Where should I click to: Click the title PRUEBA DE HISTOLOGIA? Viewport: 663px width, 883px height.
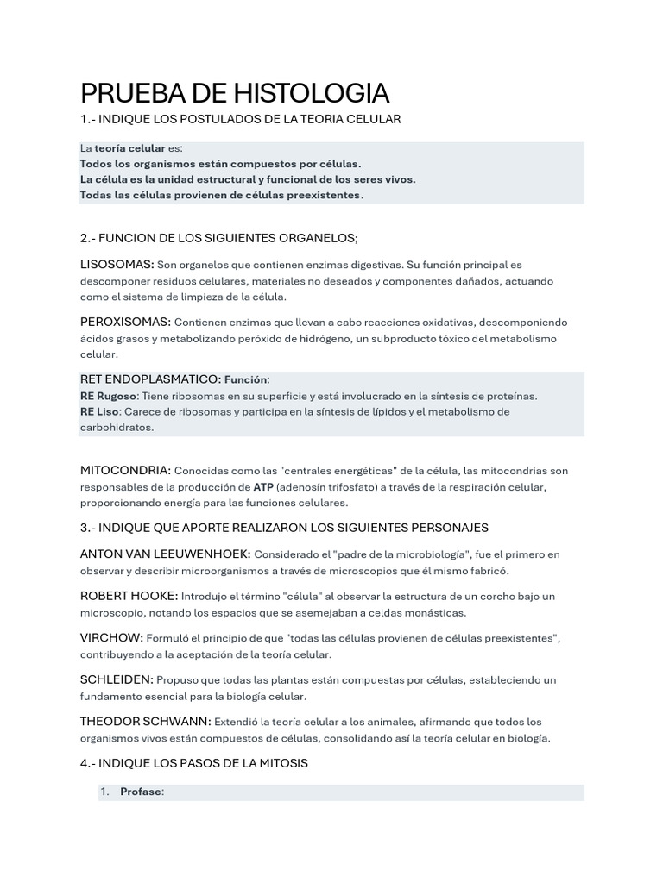tap(235, 93)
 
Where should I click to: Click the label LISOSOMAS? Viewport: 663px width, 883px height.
tap(117, 264)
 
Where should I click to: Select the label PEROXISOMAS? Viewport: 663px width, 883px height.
tap(125, 321)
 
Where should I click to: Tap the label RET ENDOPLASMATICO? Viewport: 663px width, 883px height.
tap(150, 379)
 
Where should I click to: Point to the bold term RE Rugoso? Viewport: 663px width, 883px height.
tap(108, 396)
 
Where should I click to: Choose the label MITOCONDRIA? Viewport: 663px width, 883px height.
tap(125, 470)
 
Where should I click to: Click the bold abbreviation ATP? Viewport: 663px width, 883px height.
tap(264, 486)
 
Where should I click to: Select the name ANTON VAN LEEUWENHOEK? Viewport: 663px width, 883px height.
tap(166, 554)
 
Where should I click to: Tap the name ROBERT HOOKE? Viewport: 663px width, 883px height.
tap(129, 596)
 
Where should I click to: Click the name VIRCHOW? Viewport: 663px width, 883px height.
tap(112, 637)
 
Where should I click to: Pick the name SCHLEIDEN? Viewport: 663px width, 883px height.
tap(117, 679)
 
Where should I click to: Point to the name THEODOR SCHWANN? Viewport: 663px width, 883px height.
tap(145, 721)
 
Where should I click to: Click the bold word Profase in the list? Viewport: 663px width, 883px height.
tap(142, 792)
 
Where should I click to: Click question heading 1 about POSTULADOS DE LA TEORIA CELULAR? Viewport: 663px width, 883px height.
tap(241, 118)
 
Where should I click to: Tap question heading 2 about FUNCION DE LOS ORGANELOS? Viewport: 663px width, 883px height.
tap(218, 238)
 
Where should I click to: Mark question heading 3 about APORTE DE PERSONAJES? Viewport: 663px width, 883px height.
tap(284, 527)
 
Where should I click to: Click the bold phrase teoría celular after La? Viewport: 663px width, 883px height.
tap(129, 148)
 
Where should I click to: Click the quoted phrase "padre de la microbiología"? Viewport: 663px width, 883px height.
tap(396, 554)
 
